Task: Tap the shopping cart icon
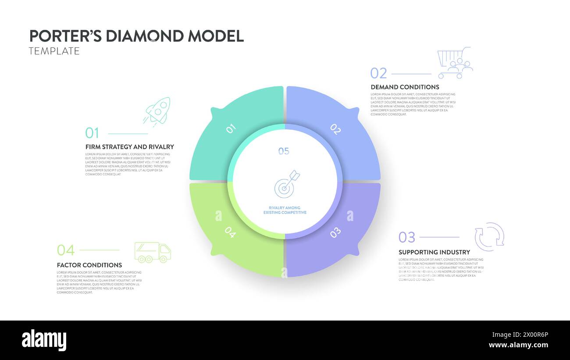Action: (455, 63)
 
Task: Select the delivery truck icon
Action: (153, 252)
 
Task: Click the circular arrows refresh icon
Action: (489, 237)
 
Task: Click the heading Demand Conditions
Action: (405, 87)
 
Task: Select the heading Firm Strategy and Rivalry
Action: (129, 147)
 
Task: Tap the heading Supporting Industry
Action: (434, 252)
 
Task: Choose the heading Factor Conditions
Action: (89, 265)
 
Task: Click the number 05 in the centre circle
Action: (284, 151)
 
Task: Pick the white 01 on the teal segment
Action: (231, 128)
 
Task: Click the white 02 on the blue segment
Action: (335, 129)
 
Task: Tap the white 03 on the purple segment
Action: (335, 233)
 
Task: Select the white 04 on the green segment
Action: (230, 233)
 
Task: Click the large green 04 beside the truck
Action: (66, 250)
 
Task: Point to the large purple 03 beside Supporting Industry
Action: (406, 237)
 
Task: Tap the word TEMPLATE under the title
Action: (54, 51)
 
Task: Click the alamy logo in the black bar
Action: (44, 340)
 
